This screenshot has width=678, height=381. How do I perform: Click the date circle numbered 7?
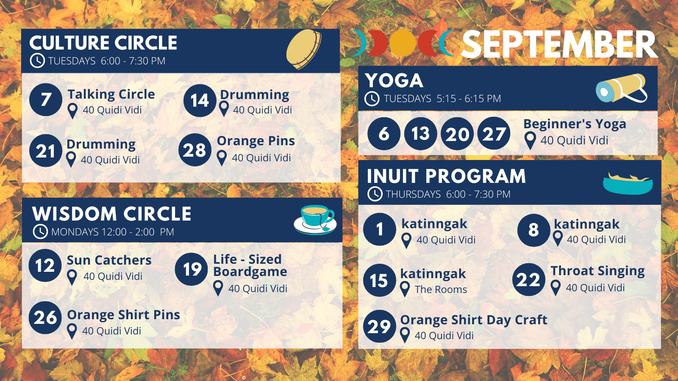[46, 100]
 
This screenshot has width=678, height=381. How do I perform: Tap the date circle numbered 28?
[195, 150]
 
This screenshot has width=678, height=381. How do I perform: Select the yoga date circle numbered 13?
[420, 134]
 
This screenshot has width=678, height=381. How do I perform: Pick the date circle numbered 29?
[379, 326]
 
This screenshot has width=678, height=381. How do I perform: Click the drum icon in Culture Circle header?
[303, 49]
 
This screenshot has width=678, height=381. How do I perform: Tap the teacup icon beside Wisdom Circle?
[315, 220]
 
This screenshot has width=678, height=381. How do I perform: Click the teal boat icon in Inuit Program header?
[628, 184]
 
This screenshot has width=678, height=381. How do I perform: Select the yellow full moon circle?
[403, 43]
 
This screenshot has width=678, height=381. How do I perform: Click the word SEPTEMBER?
[559, 44]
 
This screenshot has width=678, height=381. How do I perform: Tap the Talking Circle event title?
[111, 94]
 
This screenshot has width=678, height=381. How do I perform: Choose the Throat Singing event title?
[597, 271]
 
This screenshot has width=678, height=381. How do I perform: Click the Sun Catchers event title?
[109, 260]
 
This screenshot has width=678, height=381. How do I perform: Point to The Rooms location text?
[441, 290]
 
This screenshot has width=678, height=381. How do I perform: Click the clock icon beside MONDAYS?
[40, 232]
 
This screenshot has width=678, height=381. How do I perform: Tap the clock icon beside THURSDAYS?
[375, 194]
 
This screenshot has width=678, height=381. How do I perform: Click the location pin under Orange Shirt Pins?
[72, 331]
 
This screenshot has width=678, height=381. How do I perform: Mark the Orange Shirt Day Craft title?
[474, 320]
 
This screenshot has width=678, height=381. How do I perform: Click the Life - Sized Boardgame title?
[250, 265]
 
